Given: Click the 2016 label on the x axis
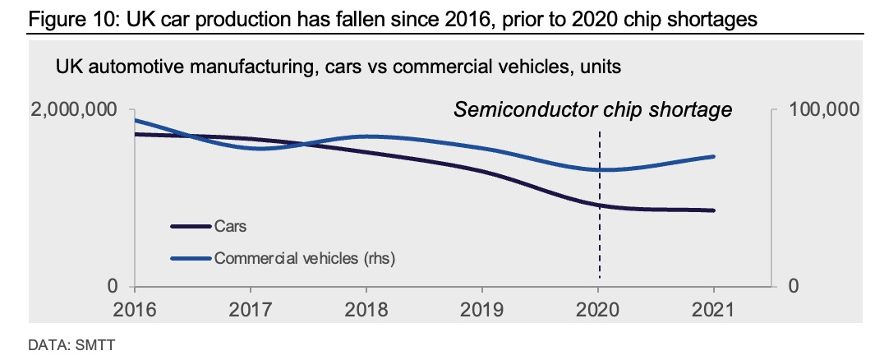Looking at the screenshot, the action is pyautogui.click(x=136, y=310).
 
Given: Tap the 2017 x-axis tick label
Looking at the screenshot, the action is pyautogui.click(x=251, y=310).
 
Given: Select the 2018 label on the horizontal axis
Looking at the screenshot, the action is pyautogui.click(x=366, y=310).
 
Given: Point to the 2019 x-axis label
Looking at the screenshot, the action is pyautogui.click(x=482, y=310).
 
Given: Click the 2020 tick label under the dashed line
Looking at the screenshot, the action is pyautogui.click(x=598, y=310).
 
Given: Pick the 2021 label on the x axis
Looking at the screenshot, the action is pyautogui.click(x=714, y=310).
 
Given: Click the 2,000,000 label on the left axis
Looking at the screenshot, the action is pyautogui.click(x=75, y=109).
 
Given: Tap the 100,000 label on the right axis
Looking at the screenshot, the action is pyautogui.click(x=824, y=109).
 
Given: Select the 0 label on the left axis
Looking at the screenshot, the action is pyautogui.click(x=113, y=286).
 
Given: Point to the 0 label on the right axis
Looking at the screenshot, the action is pyautogui.click(x=794, y=286).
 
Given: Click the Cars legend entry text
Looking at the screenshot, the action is pyautogui.click(x=231, y=226).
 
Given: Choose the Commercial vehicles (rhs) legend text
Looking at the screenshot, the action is pyautogui.click(x=305, y=258).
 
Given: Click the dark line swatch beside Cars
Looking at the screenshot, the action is pyautogui.click(x=191, y=226).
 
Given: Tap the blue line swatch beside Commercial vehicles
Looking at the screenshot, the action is pyautogui.click(x=191, y=258).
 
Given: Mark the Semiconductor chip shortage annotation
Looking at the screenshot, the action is pyautogui.click(x=592, y=109).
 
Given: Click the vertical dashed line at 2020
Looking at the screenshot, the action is pyautogui.click(x=599, y=205).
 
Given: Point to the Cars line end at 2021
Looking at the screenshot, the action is pyautogui.click(x=714, y=210).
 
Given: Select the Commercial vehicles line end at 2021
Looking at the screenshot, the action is pyautogui.click(x=714, y=156).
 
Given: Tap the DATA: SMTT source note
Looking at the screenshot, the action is pyautogui.click(x=71, y=344).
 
